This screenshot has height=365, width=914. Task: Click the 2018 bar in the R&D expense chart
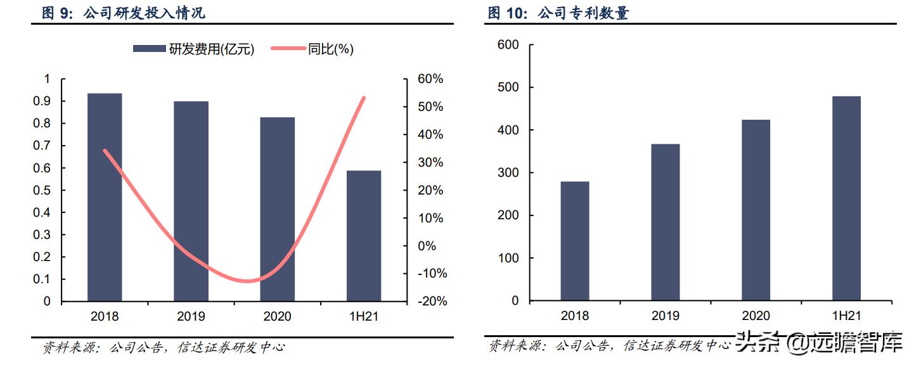(x=105, y=197)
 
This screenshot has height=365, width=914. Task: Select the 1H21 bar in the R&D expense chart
(x=364, y=236)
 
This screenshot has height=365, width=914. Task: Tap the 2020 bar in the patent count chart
(x=756, y=210)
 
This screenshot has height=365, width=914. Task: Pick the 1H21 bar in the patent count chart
(x=846, y=198)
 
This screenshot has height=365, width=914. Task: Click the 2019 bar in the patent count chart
(x=665, y=222)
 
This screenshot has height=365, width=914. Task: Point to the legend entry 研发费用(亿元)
(x=193, y=49)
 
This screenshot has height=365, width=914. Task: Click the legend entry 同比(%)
(x=312, y=49)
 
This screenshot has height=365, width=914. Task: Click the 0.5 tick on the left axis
(x=43, y=190)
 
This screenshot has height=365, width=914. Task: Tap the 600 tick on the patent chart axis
(x=508, y=44)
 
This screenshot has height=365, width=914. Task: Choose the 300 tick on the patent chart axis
(x=508, y=173)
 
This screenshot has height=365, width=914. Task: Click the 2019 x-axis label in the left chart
(x=191, y=316)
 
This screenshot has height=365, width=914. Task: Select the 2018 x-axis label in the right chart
(x=574, y=316)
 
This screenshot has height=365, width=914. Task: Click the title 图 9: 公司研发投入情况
(x=124, y=13)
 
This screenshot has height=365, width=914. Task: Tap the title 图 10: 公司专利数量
(x=558, y=13)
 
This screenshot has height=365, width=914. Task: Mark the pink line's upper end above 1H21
(x=364, y=98)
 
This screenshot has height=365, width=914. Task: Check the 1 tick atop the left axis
(x=46, y=79)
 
